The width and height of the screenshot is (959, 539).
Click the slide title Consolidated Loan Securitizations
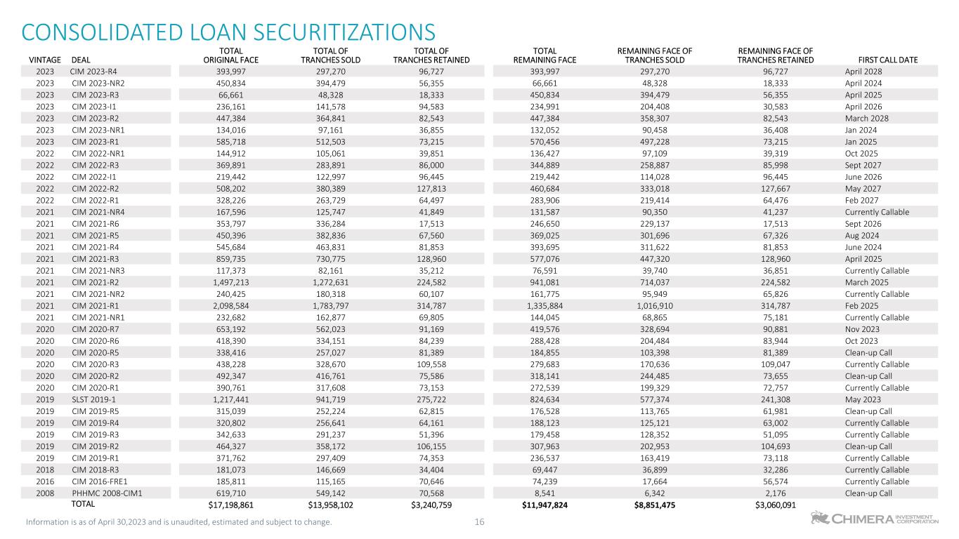(228, 32)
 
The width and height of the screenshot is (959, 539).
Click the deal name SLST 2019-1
(93, 399)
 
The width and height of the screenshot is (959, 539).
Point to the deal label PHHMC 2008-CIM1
(107, 493)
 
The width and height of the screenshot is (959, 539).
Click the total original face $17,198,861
(226, 505)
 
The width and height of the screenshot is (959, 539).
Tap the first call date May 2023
(861, 399)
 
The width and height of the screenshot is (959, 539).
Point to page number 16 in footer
(480, 521)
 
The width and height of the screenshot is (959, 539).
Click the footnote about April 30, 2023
(178, 521)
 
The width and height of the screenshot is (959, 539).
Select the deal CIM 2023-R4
(93, 71)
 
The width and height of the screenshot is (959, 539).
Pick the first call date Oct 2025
(861, 153)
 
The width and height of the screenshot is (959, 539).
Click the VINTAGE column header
(45, 60)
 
